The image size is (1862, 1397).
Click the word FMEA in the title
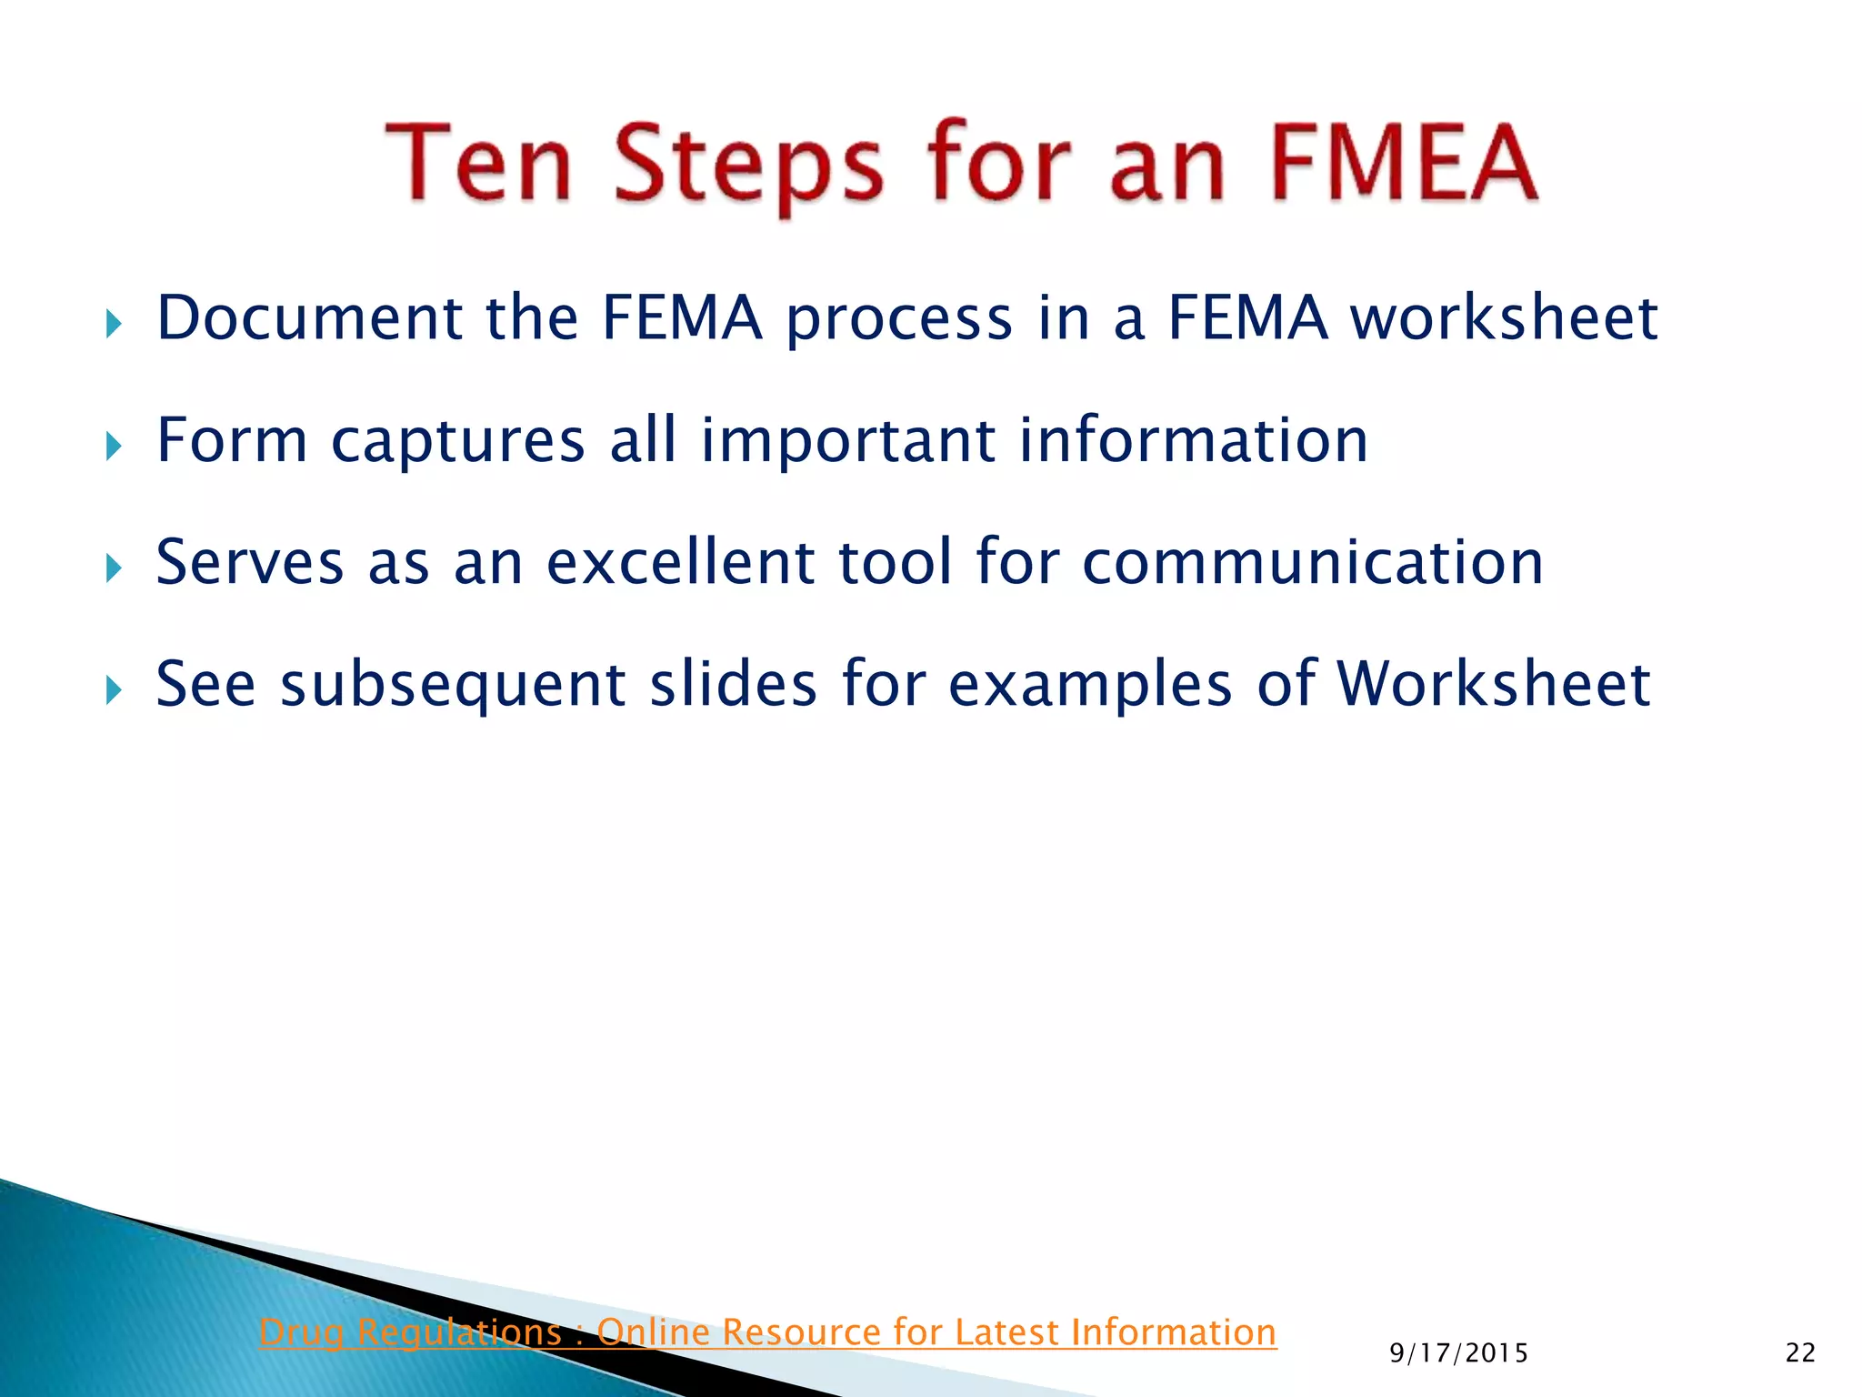click(x=1403, y=164)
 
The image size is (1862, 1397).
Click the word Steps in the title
click(x=748, y=166)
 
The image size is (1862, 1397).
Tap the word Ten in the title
click(x=479, y=164)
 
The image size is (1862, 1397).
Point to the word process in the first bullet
click(x=899, y=321)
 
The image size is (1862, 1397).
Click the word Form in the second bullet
click(x=232, y=440)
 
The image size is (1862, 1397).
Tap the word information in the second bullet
click(x=1193, y=440)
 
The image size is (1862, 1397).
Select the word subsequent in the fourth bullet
click(x=452, y=686)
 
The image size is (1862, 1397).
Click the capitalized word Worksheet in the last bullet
click(x=1493, y=684)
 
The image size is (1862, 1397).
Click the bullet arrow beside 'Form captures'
click(x=114, y=447)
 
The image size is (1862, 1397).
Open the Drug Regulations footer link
click(x=767, y=1332)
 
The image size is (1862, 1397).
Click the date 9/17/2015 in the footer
click(x=1458, y=1353)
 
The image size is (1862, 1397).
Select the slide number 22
click(x=1800, y=1353)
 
